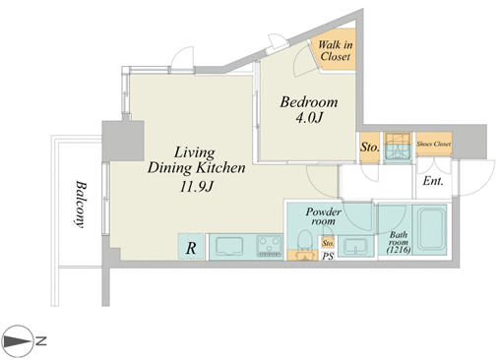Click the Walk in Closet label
(x=335, y=50)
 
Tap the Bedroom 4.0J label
(x=309, y=109)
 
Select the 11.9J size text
(x=197, y=187)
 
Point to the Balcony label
(x=79, y=204)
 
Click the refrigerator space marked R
(x=191, y=246)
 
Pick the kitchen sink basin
(x=229, y=246)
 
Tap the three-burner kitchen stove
(x=270, y=246)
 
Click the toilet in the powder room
(x=305, y=244)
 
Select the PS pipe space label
(x=328, y=256)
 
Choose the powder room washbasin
(x=355, y=246)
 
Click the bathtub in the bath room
(x=429, y=229)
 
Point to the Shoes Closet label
(x=433, y=144)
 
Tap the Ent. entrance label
(x=433, y=181)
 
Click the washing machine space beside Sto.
(x=398, y=148)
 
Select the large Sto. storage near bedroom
(x=369, y=148)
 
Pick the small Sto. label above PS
(x=328, y=243)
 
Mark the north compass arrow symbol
(x=17, y=341)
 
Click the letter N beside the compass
(x=40, y=341)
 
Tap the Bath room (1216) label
(x=399, y=243)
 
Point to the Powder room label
(x=324, y=216)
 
